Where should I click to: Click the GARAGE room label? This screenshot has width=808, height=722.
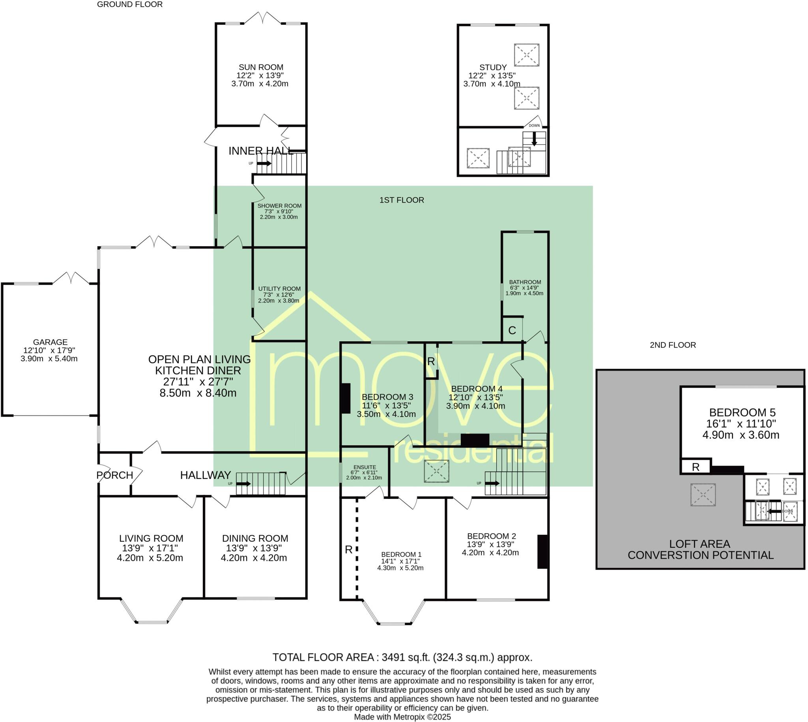pyautogui.click(x=50, y=342)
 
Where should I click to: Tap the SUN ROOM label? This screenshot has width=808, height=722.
pyautogui.click(x=261, y=67)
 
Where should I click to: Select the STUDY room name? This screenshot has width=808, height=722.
pyautogui.click(x=493, y=67)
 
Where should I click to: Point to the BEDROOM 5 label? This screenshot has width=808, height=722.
pyautogui.click(x=742, y=413)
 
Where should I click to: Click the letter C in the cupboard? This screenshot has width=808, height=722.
pyautogui.click(x=512, y=330)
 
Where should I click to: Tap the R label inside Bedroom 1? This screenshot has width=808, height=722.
pyautogui.click(x=348, y=550)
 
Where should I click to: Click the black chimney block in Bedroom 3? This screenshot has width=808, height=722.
pyautogui.click(x=346, y=398)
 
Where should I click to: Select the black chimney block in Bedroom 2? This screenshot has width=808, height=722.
pyautogui.click(x=543, y=552)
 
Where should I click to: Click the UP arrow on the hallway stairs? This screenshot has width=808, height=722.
pyautogui.click(x=243, y=484)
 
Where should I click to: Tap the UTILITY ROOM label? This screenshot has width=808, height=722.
pyautogui.click(x=279, y=289)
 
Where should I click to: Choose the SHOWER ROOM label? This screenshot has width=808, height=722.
pyautogui.click(x=279, y=206)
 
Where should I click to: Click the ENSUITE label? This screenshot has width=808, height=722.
pyautogui.click(x=365, y=467)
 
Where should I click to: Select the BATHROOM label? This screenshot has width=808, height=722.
pyautogui.click(x=525, y=282)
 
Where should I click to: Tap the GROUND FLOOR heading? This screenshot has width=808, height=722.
pyautogui.click(x=130, y=4)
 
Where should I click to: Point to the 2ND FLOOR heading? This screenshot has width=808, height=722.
pyautogui.click(x=673, y=345)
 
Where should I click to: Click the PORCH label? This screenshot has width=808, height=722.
pyautogui.click(x=115, y=475)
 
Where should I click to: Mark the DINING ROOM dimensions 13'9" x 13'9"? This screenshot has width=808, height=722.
pyautogui.click(x=254, y=548)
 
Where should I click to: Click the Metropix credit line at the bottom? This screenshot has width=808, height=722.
pyautogui.click(x=402, y=717)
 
